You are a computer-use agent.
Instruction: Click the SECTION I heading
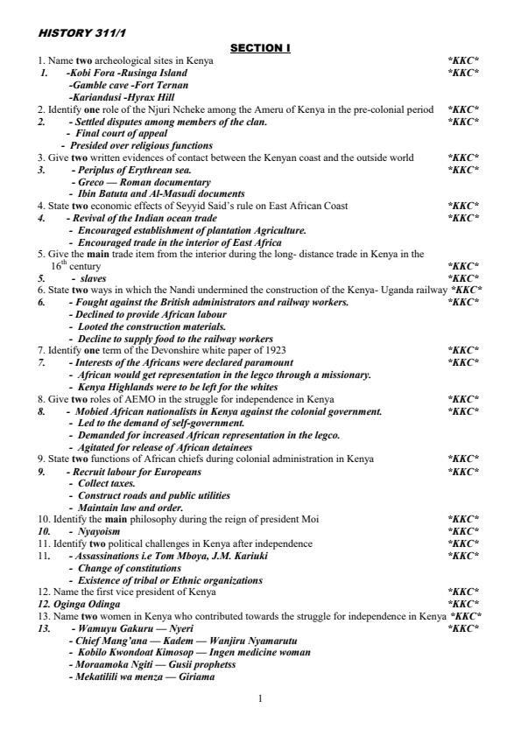[x=260, y=48]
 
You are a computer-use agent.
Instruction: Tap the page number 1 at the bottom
[x=260, y=697]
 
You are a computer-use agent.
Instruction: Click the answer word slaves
[x=93, y=278]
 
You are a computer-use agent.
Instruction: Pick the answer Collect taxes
[x=106, y=483]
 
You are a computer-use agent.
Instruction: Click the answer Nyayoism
[x=99, y=531]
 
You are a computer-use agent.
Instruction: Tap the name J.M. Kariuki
[x=238, y=556]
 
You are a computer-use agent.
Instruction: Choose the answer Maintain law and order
[x=130, y=508]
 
